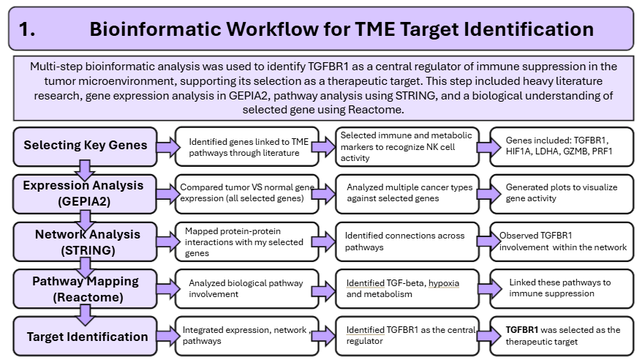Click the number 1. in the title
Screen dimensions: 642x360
(27, 29)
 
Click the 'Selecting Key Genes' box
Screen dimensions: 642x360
(85, 146)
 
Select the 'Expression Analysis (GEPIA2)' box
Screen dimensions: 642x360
(85, 194)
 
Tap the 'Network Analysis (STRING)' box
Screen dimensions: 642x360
(85, 241)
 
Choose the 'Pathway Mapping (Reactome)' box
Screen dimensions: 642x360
(85, 289)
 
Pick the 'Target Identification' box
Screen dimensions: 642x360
(85, 336)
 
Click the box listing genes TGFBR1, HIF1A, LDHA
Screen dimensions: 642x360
(562, 146)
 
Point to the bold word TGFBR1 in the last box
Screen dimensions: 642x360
(522, 330)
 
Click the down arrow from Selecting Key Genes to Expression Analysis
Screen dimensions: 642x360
(85, 170)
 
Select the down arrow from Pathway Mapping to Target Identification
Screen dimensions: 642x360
(85, 315)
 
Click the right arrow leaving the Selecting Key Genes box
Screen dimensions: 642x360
(168, 147)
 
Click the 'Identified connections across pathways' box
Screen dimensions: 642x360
(407, 241)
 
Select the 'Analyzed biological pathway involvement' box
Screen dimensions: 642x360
(247, 289)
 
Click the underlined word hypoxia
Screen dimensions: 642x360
(444, 283)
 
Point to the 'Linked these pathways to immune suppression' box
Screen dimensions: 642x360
(562, 289)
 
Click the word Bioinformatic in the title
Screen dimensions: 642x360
(158, 29)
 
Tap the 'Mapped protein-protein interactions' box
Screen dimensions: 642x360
(247, 241)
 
